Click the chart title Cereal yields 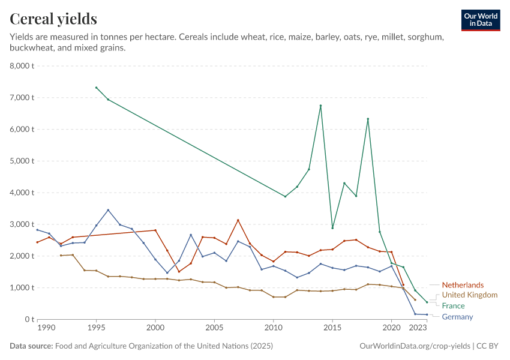[53, 19]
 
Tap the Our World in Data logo [480, 20]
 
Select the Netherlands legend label [463, 285]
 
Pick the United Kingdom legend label [470, 295]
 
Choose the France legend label [453, 306]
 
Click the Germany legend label [457, 317]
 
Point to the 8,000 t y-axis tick [22, 66]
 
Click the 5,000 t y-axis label [22, 161]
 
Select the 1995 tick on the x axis [96, 328]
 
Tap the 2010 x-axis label [273, 328]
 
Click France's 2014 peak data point [321, 106]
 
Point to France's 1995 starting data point [96, 88]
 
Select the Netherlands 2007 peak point [238, 220]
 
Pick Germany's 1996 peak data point [108, 210]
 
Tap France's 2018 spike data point [368, 119]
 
